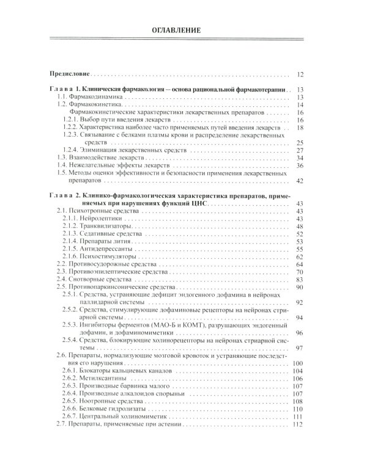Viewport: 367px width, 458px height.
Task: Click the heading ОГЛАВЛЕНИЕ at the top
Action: (183, 30)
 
